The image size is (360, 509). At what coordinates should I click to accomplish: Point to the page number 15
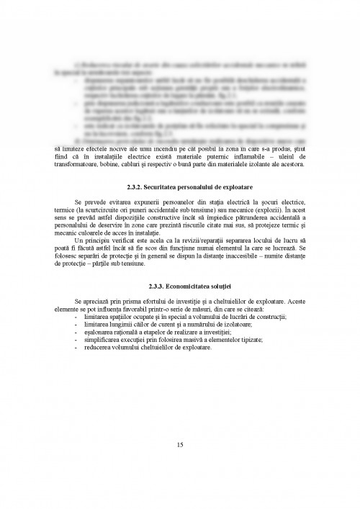coord(179,443)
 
